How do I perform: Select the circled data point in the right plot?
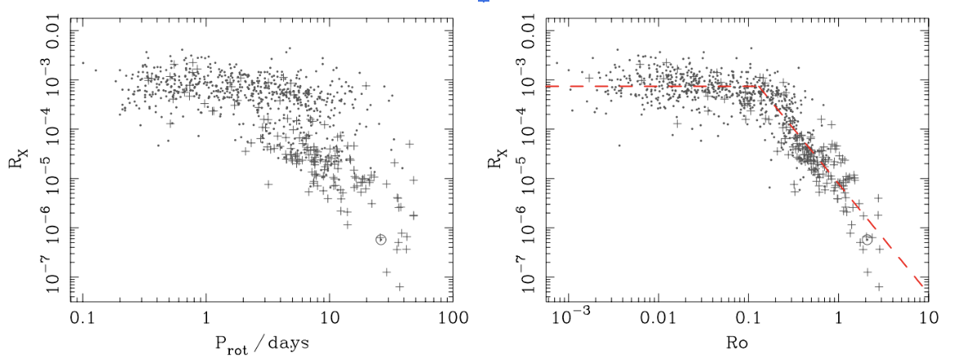[x=867, y=239]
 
